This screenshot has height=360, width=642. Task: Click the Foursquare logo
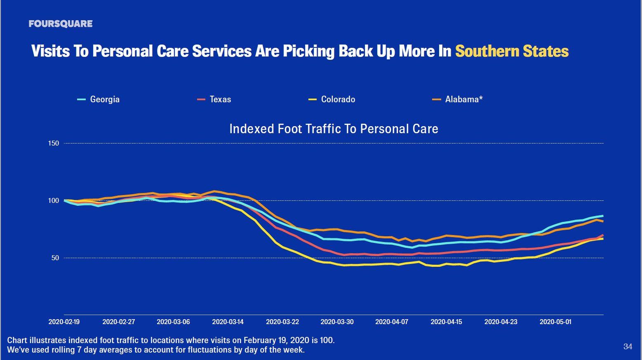point(61,24)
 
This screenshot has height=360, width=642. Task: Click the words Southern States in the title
point(512,51)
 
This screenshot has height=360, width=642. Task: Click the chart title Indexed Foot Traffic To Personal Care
point(334,129)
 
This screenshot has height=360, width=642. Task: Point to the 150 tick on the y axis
point(54,144)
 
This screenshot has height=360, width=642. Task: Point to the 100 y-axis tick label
point(54,200)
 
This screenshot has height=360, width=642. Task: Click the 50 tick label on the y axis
point(55,258)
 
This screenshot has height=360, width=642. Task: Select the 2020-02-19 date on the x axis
point(64,322)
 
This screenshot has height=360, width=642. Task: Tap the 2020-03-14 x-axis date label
point(228,322)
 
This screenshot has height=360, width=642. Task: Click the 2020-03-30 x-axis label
point(337,322)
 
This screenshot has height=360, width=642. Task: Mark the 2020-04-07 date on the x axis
point(391,322)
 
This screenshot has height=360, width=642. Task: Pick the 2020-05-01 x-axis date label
point(555,322)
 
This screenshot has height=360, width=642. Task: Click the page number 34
point(628,346)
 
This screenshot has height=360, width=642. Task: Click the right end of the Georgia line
point(603,216)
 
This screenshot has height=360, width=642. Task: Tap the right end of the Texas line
point(603,235)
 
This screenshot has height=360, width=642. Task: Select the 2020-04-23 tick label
point(501,322)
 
